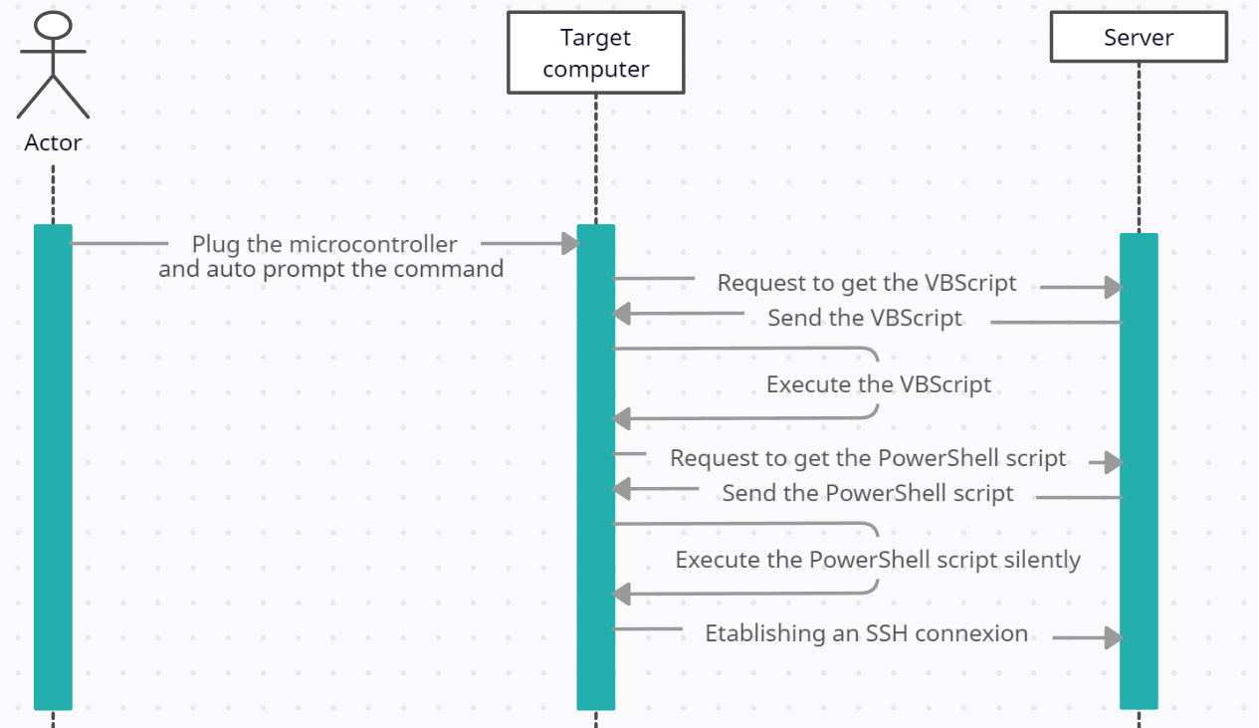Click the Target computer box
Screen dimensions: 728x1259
pyautogui.click(x=595, y=53)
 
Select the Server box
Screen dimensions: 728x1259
pyautogui.click(x=1139, y=38)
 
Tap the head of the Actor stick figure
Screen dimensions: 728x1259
pyautogui.click(x=53, y=25)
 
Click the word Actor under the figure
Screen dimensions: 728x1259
pyautogui.click(x=53, y=142)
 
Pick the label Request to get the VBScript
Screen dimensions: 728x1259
pyautogui.click(x=867, y=283)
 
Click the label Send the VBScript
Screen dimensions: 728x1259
pyautogui.click(x=865, y=319)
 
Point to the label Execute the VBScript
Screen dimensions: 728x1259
pyautogui.click(x=879, y=384)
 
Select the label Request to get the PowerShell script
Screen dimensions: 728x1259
pyautogui.click(x=868, y=458)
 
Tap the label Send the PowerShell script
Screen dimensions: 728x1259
pyautogui.click(x=868, y=493)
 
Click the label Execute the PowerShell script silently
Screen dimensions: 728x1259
pyautogui.click(x=878, y=560)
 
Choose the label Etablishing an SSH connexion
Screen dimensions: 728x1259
pyautogui.click(x=866, y=633)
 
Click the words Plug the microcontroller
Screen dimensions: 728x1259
pyautogui.click(x=324, y=244)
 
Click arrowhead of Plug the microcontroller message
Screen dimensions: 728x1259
pyautogui.click(x=570, y=243)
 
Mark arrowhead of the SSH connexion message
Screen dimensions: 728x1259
pyautogui.click(x=1114, y=638)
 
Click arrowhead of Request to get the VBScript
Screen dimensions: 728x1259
pyautogui.click(x=1114, y=288)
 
